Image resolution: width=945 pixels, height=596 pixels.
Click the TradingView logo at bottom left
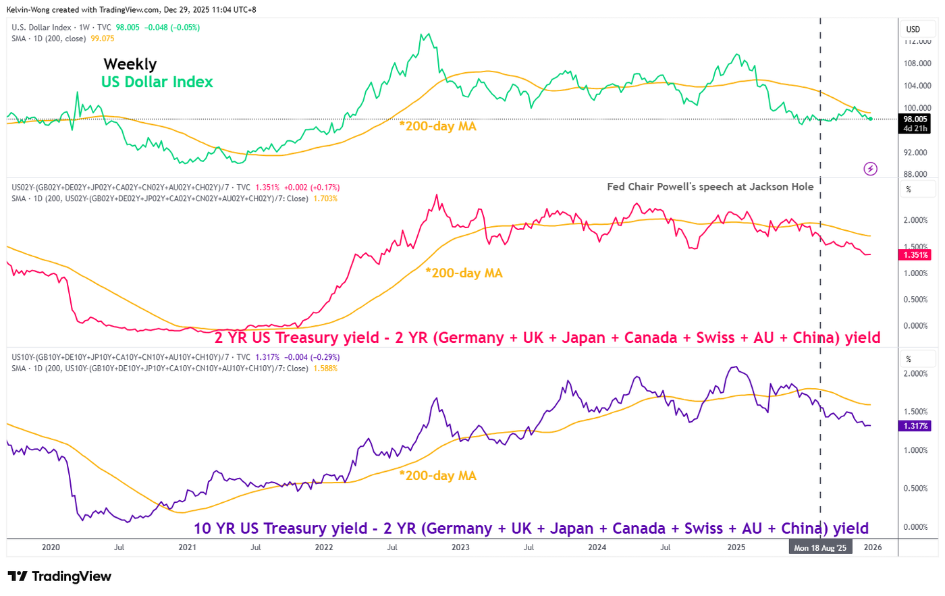[59, 576]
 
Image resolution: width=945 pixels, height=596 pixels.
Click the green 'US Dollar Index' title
[157, 82]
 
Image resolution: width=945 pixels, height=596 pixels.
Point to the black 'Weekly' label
[130, 64]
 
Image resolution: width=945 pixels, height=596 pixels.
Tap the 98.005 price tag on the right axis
[915, 119]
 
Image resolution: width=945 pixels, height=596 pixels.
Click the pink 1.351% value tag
[915, 255]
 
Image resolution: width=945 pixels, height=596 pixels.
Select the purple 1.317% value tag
[915, 426]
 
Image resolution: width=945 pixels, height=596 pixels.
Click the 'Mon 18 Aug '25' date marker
[819, 547]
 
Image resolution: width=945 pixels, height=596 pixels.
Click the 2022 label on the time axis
[324, 547]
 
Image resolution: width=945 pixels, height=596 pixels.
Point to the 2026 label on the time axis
[873, 547]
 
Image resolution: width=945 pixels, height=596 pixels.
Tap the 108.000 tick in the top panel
[917, 63]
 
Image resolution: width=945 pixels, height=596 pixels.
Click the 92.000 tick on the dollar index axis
[917, 153]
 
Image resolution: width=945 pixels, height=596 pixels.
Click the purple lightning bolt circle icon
[871, 169]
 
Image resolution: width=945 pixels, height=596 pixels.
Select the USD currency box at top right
[913, 29]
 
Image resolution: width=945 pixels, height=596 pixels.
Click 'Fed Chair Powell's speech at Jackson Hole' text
[710, 187]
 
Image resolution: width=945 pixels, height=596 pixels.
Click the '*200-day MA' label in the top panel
[437, 126]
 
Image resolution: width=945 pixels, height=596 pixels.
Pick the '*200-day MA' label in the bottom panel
[437, 476]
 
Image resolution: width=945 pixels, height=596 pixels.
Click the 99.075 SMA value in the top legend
[103, 38]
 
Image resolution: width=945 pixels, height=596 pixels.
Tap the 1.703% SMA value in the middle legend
[325, 198]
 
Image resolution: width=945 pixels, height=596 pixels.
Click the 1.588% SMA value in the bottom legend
[325, 369]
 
